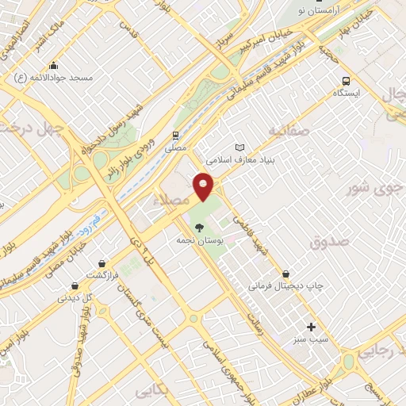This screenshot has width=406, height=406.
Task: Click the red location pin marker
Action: point(205,186)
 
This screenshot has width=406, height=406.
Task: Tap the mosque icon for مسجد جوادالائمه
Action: point(53,66)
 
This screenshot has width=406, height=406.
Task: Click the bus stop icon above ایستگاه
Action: point(346,81)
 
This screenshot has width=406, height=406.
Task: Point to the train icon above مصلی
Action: point(175,136)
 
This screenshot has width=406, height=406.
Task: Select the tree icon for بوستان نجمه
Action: point(198,227)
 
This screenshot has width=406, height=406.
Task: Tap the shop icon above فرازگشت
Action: point(101,263)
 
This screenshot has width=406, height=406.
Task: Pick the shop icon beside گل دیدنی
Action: point(75,286)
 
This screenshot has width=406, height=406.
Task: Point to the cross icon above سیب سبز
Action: point(311,327)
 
